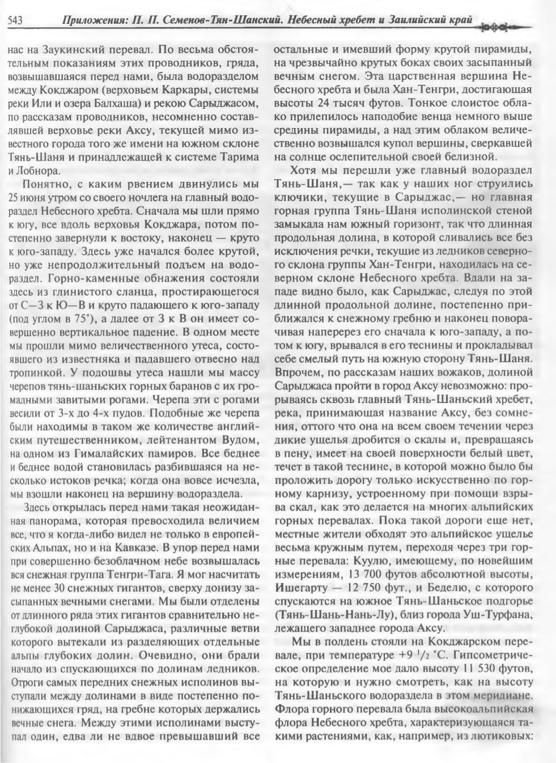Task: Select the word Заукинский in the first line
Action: coord(66,49)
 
